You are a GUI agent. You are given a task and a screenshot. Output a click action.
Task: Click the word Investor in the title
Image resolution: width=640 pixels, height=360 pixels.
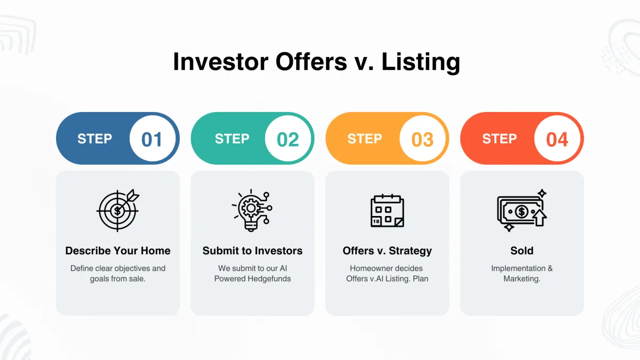(221, 61)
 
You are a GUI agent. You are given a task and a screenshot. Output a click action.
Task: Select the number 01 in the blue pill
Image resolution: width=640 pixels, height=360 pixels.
(151, 139)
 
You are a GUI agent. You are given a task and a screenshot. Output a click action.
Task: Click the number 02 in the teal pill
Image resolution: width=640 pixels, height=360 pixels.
(287, 139)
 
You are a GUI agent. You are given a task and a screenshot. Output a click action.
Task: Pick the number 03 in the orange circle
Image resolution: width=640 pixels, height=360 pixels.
(422, 139)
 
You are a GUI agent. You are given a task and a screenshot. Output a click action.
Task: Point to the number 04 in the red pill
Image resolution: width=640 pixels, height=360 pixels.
(557, 139)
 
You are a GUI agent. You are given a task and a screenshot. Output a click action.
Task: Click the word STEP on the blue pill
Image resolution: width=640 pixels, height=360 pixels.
(94, 139)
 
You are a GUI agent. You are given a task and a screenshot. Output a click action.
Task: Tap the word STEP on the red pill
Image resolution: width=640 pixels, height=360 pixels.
(499, 139)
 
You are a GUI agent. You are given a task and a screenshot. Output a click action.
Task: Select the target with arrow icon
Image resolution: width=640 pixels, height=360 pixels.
(118, 210)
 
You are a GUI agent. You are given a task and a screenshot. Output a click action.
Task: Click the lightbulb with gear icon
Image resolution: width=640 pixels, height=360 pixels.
(252, 210)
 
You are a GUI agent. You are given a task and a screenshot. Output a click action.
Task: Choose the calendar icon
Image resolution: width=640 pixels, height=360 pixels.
(387, 211)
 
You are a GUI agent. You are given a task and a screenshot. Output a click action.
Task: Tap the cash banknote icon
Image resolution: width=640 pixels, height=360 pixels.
(522, 210)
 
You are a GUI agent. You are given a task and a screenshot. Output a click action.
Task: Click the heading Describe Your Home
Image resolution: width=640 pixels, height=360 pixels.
(118, 251)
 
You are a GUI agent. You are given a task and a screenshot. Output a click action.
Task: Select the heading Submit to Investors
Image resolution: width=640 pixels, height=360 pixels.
(252, 251)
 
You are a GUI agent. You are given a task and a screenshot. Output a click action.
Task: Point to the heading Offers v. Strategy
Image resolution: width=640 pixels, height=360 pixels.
(387, 251)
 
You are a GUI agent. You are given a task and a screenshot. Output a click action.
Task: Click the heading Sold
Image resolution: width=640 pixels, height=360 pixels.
(522, 251)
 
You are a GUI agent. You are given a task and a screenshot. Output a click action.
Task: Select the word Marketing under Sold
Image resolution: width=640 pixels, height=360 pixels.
(522, 279)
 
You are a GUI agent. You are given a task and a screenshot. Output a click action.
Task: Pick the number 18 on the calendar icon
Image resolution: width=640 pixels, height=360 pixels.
(376, 221)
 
